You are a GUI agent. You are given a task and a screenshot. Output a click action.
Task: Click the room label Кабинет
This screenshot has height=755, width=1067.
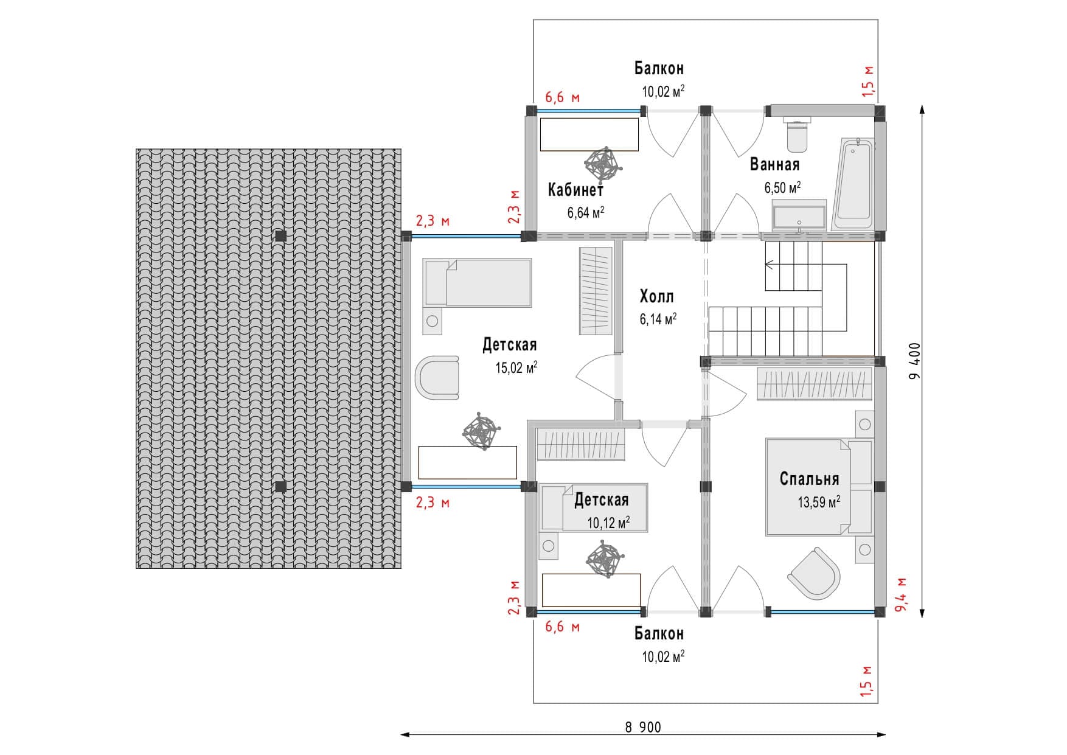575,190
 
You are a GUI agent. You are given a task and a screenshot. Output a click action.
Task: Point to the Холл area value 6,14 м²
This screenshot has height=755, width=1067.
658,319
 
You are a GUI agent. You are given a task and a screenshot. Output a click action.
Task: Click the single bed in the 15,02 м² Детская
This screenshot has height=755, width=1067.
478,283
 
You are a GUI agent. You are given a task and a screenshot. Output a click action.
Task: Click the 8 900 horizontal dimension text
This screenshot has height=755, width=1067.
642,727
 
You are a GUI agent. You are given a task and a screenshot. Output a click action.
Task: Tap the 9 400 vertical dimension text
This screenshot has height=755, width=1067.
915,360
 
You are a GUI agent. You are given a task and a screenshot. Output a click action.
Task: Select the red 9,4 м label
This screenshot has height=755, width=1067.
901,594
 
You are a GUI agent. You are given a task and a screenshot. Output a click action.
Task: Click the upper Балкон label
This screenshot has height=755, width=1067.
659,68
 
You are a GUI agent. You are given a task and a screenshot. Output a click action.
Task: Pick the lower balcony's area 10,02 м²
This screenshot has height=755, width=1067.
663,657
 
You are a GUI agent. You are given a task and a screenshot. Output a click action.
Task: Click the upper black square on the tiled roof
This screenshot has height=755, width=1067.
280,236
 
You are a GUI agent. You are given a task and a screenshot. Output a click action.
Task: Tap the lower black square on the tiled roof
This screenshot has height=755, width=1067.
280,487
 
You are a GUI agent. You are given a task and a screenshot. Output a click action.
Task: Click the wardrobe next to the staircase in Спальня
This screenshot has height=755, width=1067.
814,384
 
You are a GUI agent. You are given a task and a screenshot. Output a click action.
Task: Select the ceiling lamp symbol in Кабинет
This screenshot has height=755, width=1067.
603,164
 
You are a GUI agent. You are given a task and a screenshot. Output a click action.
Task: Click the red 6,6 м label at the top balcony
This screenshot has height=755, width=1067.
562,97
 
